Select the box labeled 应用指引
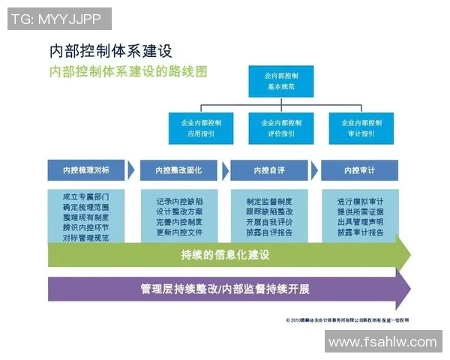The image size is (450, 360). pos(200,127)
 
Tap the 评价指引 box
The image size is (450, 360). pos(282,127)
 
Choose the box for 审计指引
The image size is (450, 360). pos(358,127)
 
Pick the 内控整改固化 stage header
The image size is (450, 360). pos(178,170)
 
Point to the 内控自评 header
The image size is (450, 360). pos(268,170)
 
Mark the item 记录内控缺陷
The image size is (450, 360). pos(178,202)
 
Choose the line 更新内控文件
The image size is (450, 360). pos(178,232)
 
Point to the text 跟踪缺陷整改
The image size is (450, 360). pos(268,211)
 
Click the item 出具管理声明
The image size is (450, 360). pos(360,221)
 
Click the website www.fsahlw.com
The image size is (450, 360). pos(382,341)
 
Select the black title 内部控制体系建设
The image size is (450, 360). pos(111,51)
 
